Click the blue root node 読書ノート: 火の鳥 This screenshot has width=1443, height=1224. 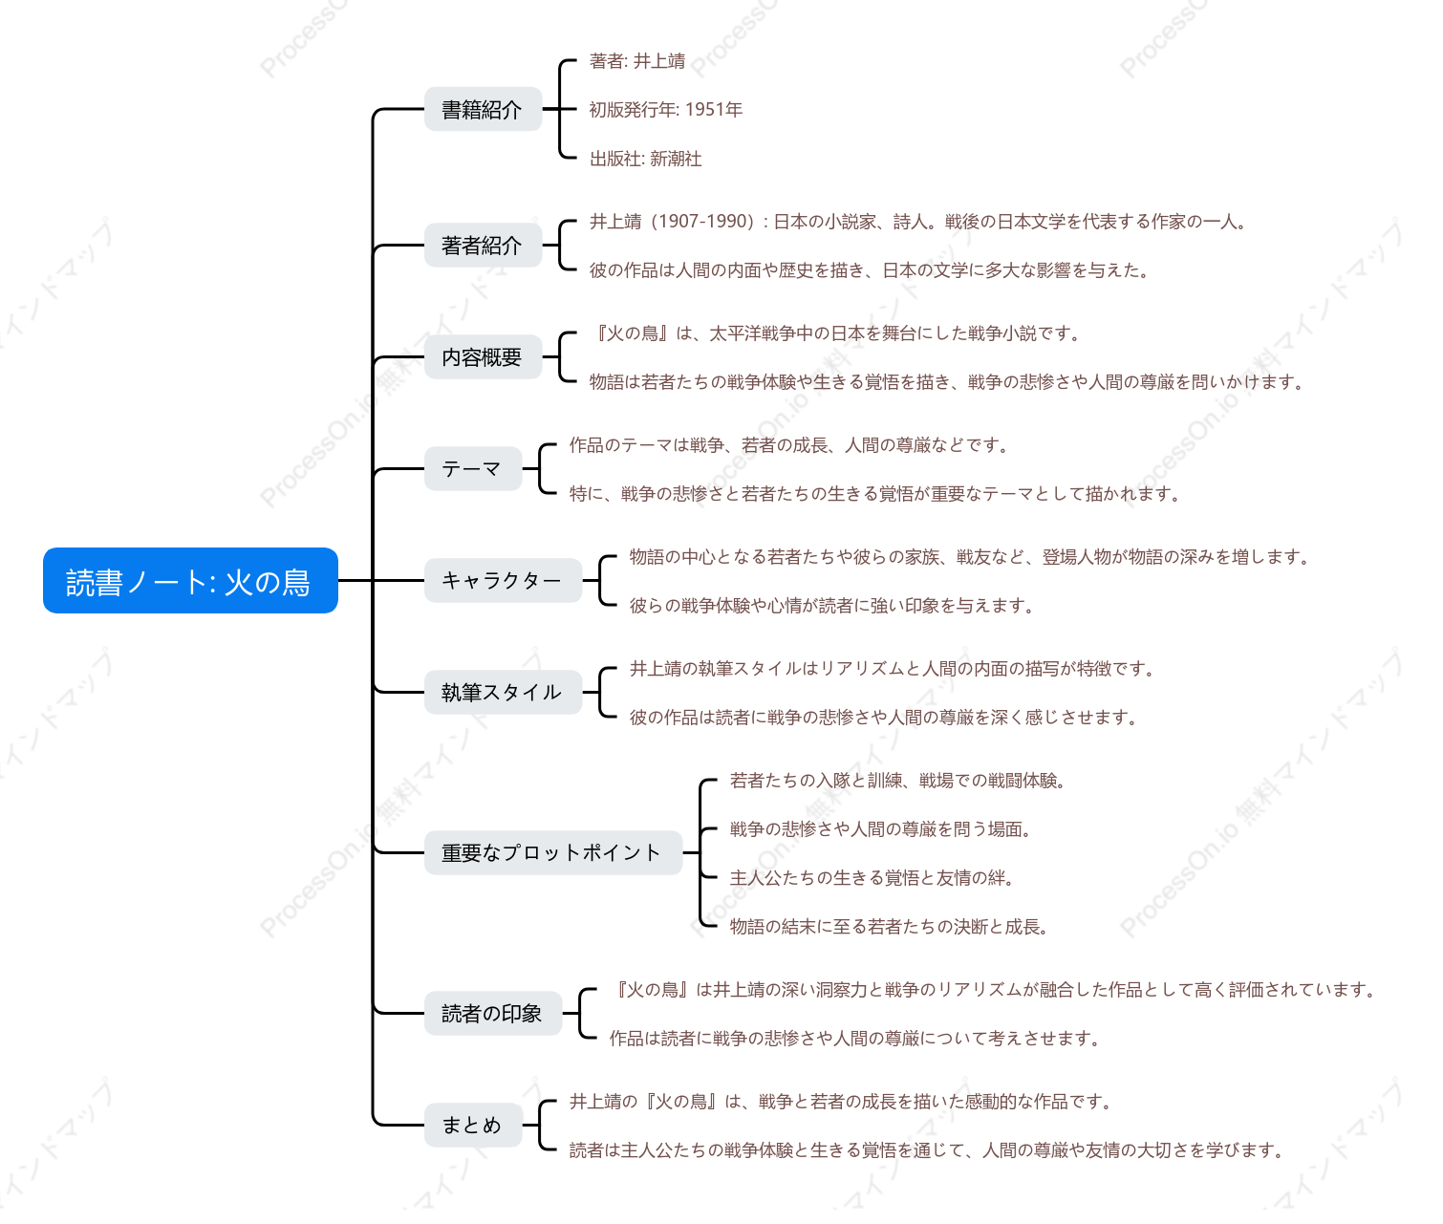click(190, 581)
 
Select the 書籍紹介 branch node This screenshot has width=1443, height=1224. click(484, 109)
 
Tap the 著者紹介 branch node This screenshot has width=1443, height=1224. click(484, 245)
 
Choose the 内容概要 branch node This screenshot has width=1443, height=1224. click(484, 356)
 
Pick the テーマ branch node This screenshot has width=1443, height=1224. click(473, 468)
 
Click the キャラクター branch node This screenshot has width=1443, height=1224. click(504, 580)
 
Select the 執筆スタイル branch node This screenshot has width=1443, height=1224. click(504, 692)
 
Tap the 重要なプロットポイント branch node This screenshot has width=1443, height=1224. click(553, 852)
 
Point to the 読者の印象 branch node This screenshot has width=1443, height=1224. click(493, 1013)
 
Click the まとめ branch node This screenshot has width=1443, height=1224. click(473, 1125)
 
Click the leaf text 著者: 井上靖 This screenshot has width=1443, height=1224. click(637, 61)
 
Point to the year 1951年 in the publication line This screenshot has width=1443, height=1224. click(714, 110)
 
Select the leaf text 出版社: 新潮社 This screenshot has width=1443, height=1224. click(646, 160)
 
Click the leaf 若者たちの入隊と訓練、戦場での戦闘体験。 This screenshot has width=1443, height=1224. click(897, 781)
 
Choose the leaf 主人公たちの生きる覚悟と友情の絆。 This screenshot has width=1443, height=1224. click(872, 878)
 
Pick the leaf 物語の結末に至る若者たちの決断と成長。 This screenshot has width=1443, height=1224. click(890, 927)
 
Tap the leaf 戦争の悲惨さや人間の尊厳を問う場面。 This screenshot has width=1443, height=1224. click(880, 829)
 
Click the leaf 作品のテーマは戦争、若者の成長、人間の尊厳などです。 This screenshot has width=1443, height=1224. click(789, 445)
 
